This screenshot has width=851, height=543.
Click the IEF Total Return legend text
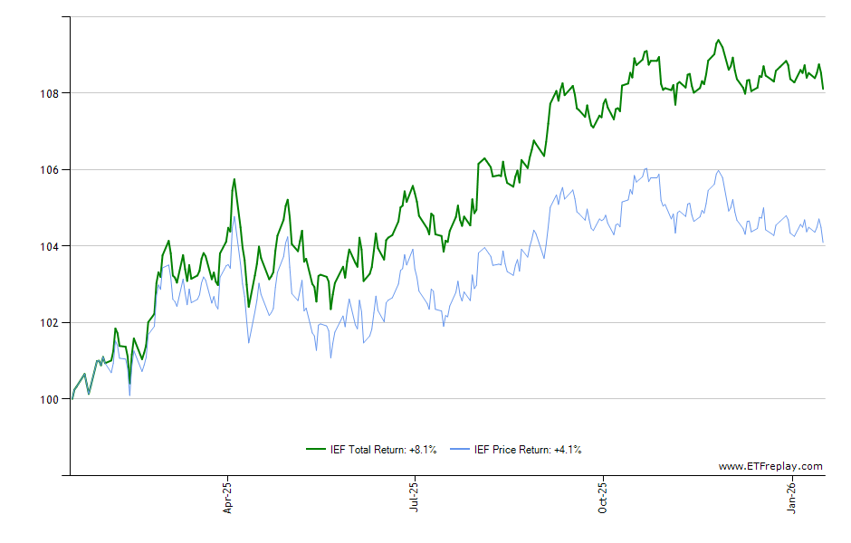click(x=368, y=449)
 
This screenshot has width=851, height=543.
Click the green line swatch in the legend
click(x=316, y=449)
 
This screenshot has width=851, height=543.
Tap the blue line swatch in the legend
click(x=462, y=449)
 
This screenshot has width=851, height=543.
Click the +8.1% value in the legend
click(x=423, y=449)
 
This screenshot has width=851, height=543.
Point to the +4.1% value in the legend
click(x=568, y=449)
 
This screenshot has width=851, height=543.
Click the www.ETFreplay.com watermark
click(x=770, y=467)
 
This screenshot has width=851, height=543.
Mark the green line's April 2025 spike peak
click(x=234, y=179)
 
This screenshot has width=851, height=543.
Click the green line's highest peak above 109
click(x=718, y=40)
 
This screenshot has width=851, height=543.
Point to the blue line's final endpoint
click(x=823, y=243)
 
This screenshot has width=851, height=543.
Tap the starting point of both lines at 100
click(x=72, y=399)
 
